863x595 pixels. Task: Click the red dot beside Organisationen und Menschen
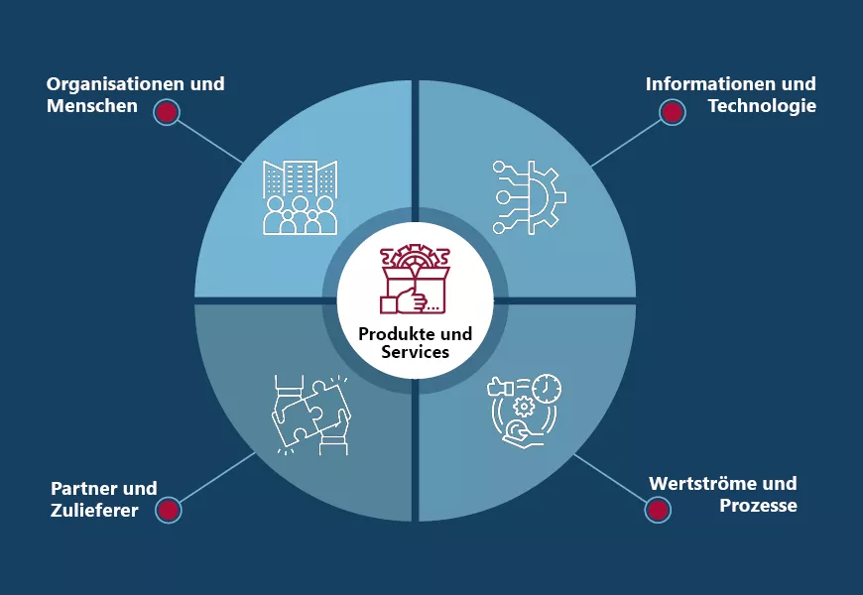tap(167, 112)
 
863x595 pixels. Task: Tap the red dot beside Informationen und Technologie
tap(673, 112)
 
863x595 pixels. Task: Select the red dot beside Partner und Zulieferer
tap(169, 510)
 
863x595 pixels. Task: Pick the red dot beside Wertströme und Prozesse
tap(657, 510)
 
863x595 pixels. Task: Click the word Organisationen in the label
tap(107, 83)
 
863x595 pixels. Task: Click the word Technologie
tap(762, 105)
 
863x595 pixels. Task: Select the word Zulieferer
tap(94, 511)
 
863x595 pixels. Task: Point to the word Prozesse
tap(758, 506)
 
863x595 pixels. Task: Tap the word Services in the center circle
tap(416, 352)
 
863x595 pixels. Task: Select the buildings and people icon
tap(301, 197)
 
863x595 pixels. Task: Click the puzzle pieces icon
tap(309, 414)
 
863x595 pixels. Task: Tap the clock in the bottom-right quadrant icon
tap(546, 388)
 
